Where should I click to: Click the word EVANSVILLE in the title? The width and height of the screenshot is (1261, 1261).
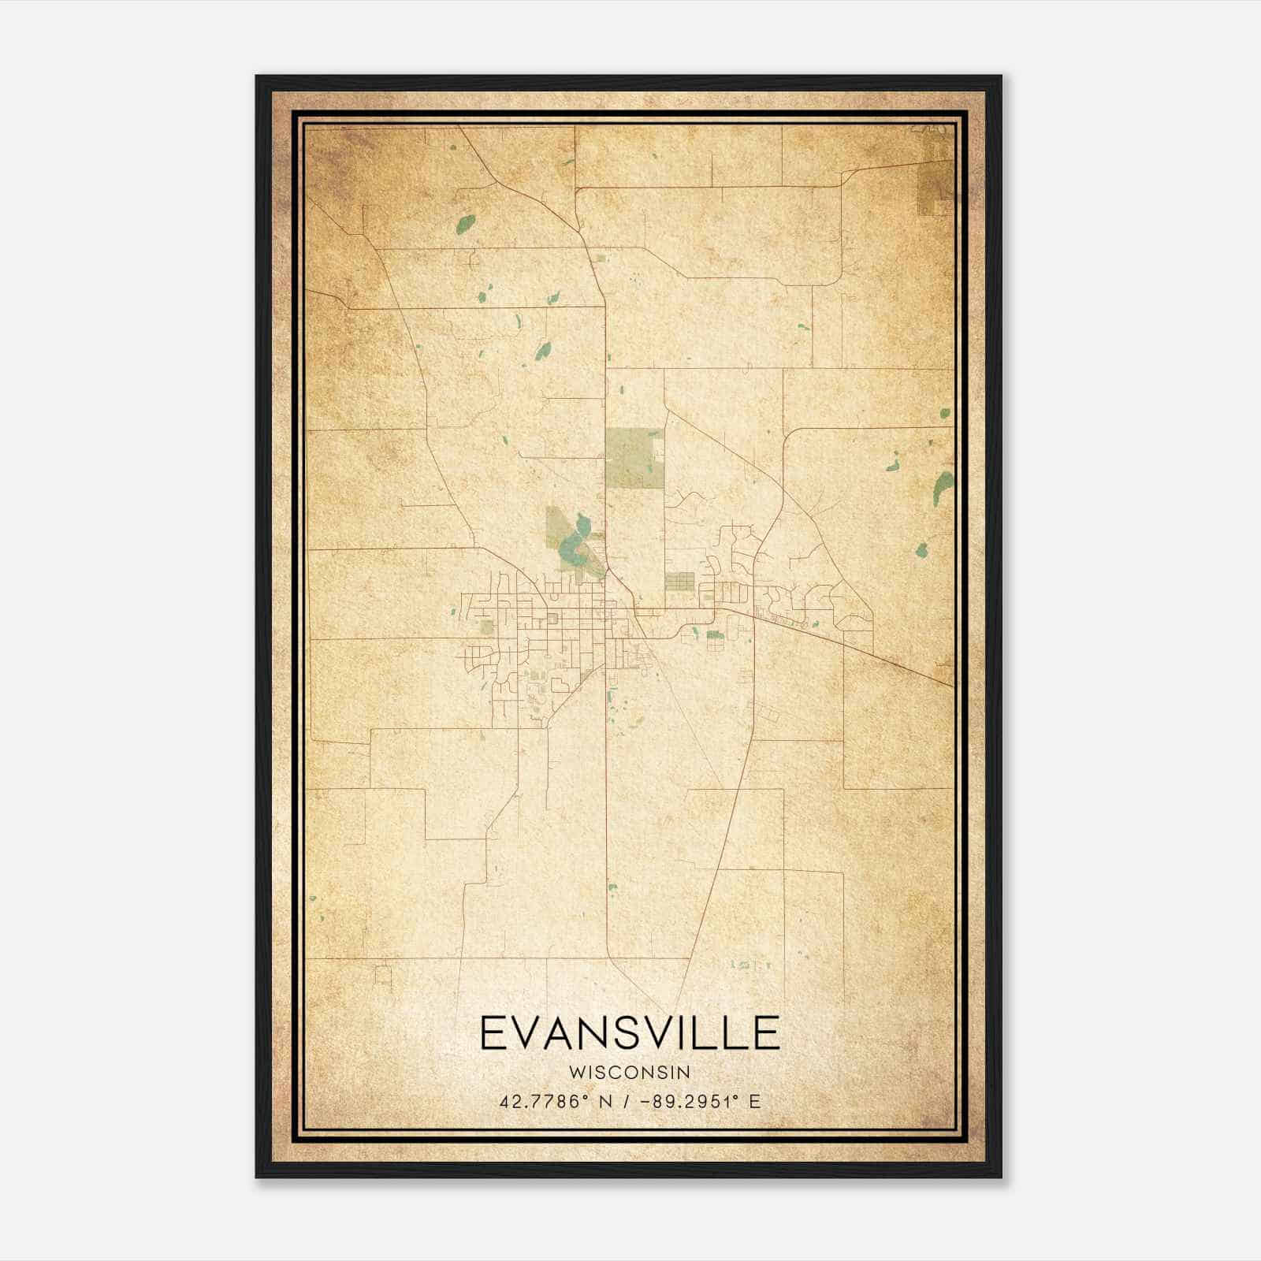(630, 1033)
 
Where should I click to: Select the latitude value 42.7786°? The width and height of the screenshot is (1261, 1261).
(544, 1101)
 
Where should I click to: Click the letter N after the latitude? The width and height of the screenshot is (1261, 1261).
(606, 1101)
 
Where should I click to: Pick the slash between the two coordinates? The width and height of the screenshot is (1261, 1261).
(627, 1101)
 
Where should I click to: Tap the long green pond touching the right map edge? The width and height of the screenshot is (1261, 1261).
(943, 487)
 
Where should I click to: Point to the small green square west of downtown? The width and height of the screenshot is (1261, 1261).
(486, 627)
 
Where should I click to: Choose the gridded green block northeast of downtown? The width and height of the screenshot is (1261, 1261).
(679, 582)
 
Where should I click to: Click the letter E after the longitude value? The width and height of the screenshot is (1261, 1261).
(755, 1101)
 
